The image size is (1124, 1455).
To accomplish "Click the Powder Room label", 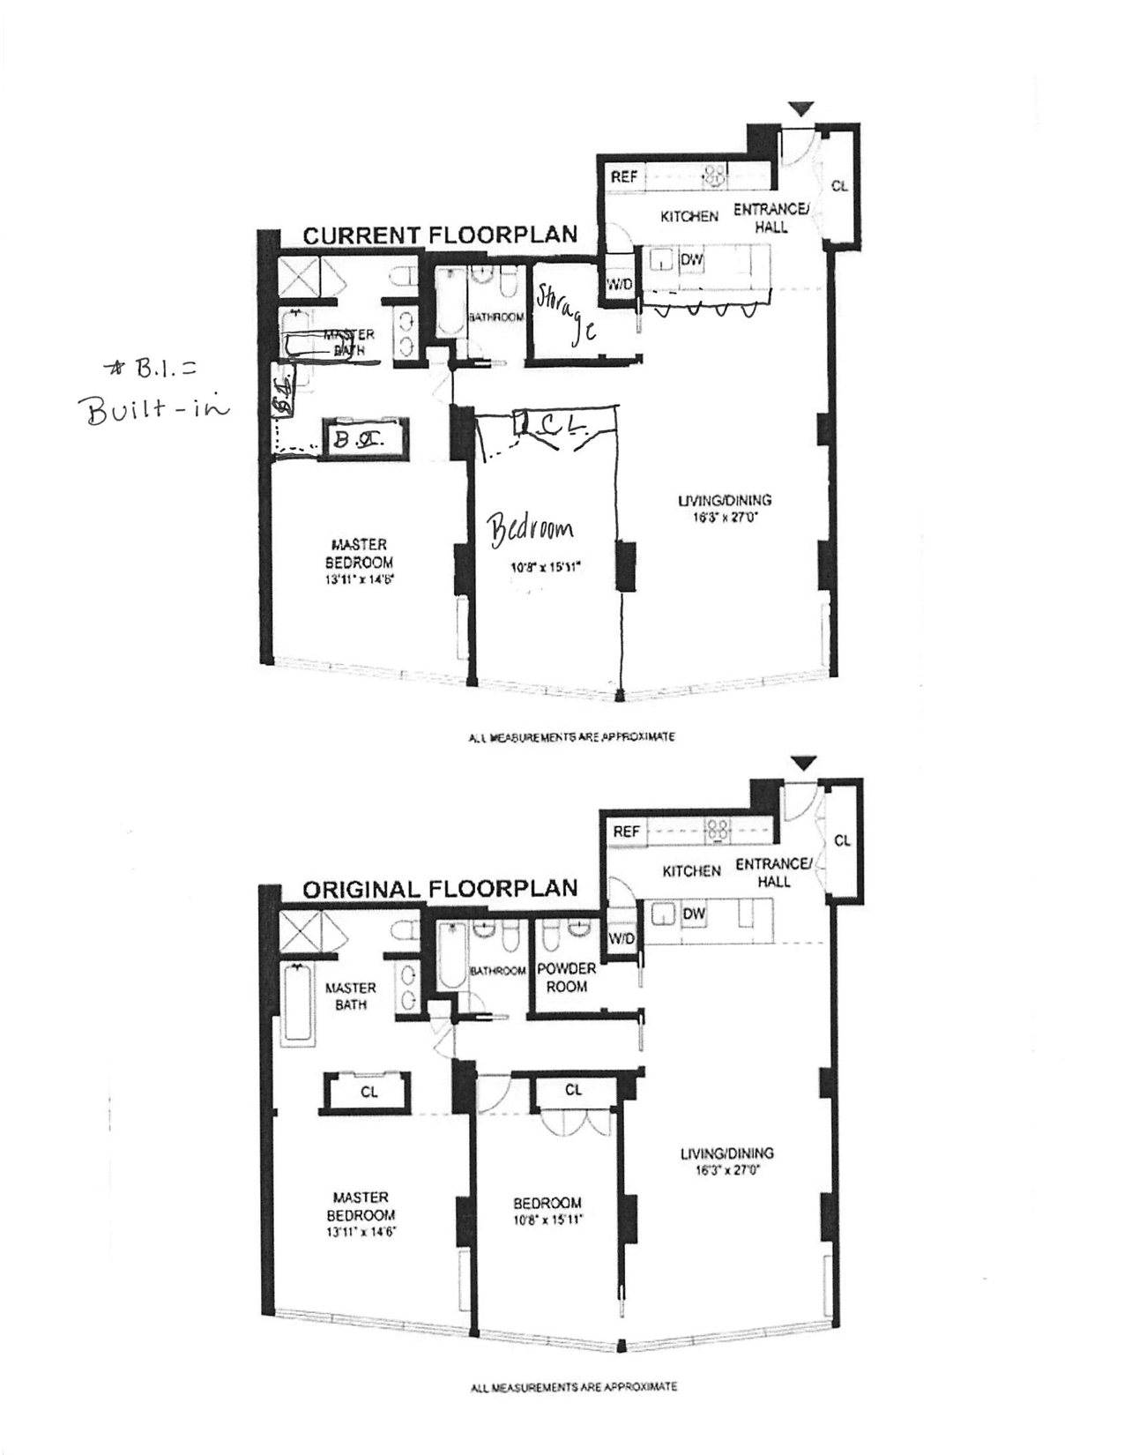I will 566,977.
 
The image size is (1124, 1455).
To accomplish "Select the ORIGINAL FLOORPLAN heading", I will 440,889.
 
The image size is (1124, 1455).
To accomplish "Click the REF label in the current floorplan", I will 624,177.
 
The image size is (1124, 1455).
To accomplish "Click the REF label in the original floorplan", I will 626,832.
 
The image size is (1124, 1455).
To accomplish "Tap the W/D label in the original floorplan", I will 622,938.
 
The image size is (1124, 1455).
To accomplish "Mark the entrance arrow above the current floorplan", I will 800,109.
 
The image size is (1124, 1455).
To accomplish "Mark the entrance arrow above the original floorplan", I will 802,763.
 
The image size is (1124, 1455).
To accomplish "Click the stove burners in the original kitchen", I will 716,828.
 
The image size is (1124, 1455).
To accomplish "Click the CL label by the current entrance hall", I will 839,186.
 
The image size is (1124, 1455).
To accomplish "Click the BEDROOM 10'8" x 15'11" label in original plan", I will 547,1211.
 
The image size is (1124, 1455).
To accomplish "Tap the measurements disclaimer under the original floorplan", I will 574,1386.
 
